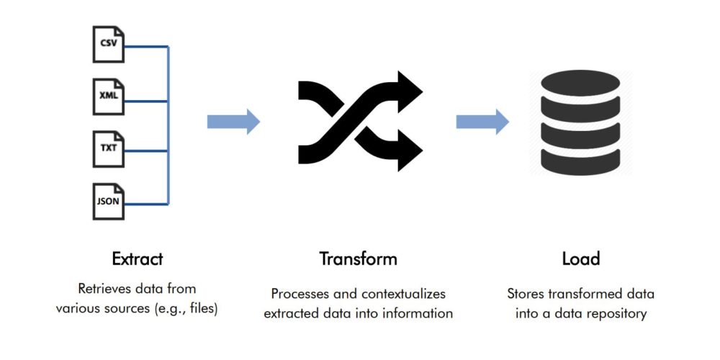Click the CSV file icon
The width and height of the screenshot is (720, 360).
(x=109, y=44)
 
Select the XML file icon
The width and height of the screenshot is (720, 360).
(x=109, y=96)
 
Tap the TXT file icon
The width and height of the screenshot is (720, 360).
(x=109, y=149)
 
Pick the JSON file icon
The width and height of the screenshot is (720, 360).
(x=109, y=201)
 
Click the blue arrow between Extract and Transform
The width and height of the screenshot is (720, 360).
(x=234, y=122)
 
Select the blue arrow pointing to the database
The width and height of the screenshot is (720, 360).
(x=482, y=122)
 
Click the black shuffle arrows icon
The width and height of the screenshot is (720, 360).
(x=361, y=121)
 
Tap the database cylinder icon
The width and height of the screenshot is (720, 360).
(x=580, y=122)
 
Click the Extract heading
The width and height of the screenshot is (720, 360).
(x=138, y=259)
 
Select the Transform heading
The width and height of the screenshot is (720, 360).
(x=358, y=259)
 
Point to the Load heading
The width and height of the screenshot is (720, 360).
(x=581, y=259)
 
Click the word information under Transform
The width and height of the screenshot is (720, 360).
(x=420, y=314)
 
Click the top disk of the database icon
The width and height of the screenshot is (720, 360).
(x=580, y=83)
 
